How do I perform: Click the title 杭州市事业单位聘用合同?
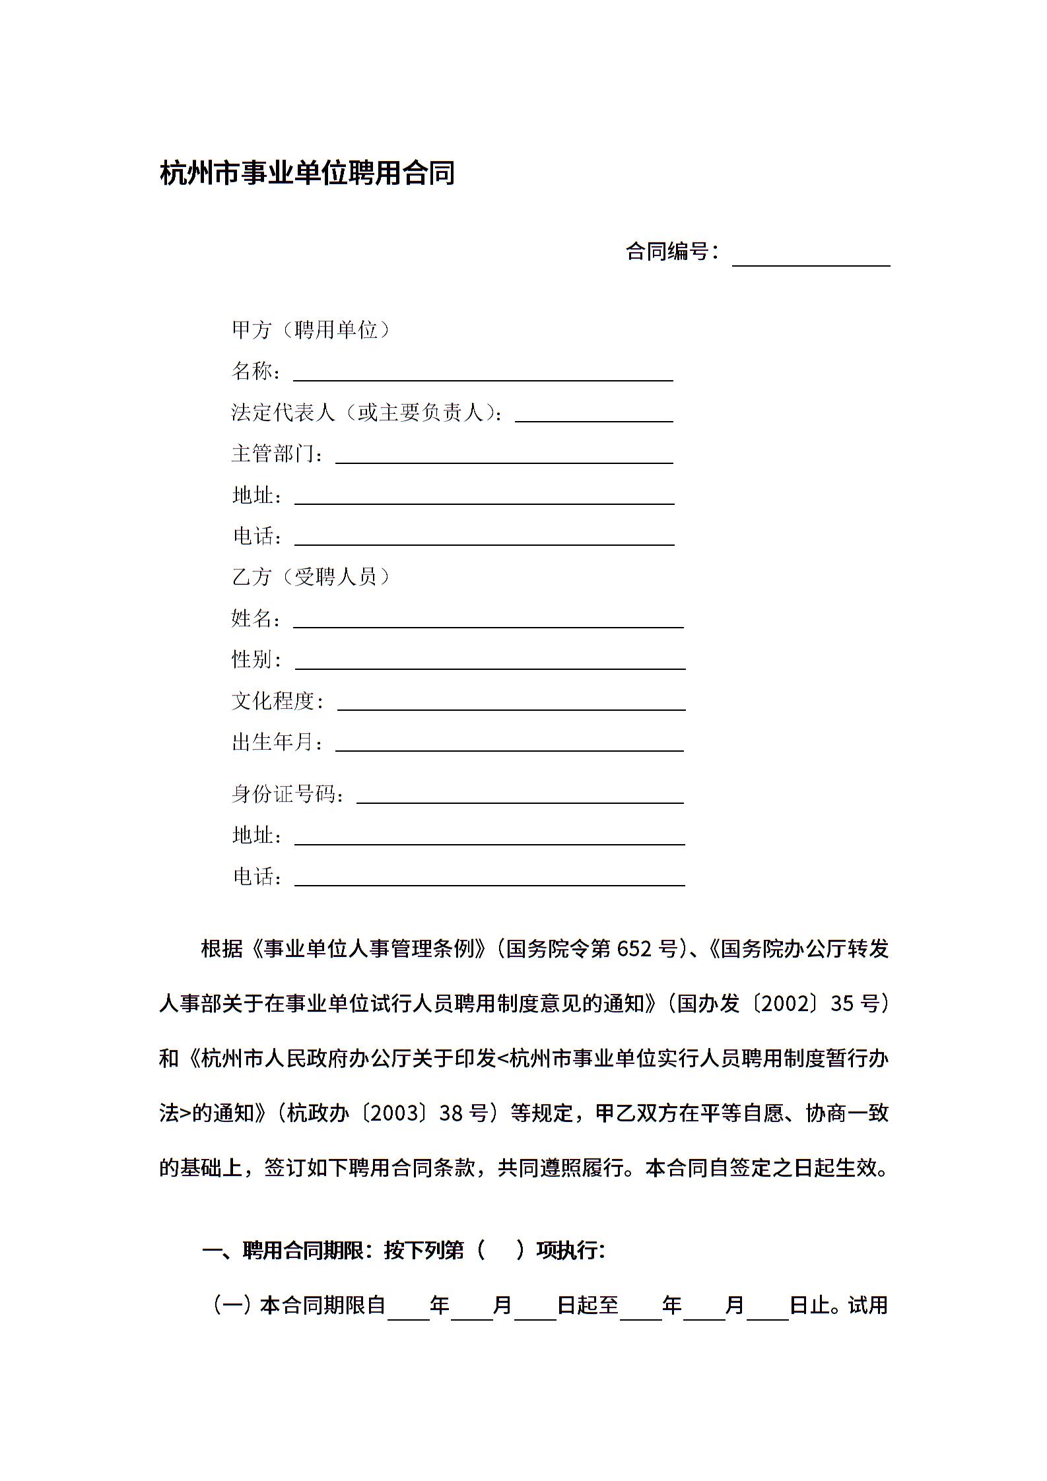[x=307, y=174]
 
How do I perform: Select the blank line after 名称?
[x=483, y=374]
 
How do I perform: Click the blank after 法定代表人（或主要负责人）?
[x=593, y=414]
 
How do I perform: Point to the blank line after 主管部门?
[x=504, y=456]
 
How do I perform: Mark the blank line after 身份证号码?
[x=520, y=795]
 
